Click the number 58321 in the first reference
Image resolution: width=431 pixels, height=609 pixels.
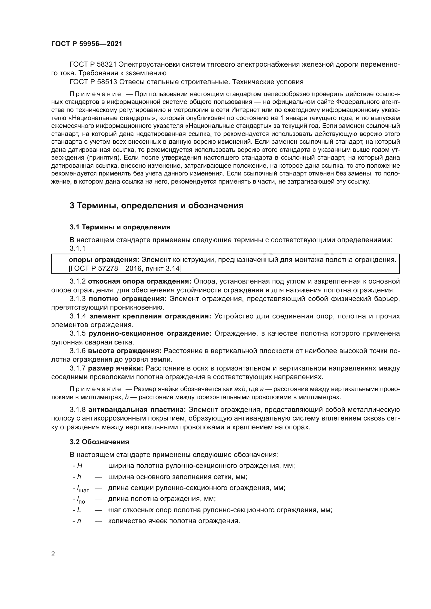106,65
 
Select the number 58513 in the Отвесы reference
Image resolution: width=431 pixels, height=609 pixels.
106,82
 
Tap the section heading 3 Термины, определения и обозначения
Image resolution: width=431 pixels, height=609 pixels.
156,206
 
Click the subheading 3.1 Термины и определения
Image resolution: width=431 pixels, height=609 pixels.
120,227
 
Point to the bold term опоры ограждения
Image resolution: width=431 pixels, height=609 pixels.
104,260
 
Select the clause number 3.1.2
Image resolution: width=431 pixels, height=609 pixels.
77,281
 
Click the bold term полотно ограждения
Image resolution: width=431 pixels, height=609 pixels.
127,299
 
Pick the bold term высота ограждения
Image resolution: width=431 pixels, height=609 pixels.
125,351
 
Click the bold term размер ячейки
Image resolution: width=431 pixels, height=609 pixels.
115,368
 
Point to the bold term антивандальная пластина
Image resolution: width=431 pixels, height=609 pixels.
137,410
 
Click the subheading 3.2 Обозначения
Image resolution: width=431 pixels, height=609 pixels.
99,442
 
